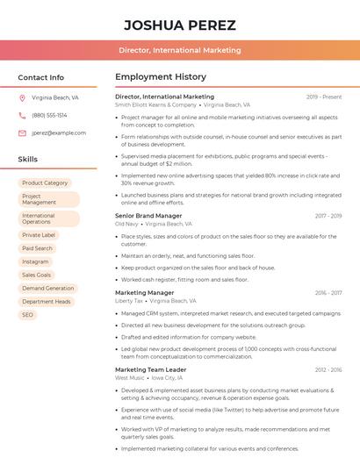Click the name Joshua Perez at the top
click(180, 24)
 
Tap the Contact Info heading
click(41, 77)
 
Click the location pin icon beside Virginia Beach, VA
click(22, 98)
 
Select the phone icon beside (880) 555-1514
click(22, 115)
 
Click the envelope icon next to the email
click(22, 132)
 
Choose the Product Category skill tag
click(45, 182)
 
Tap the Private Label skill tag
click(39, 235)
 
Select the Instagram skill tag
click(35, 261)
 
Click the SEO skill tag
click(27, 314)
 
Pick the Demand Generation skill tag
click(47, 288)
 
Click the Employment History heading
click(161, 77)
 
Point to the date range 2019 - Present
click(324, 97)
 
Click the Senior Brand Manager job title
click(148, 215)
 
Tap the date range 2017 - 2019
click(328, 215)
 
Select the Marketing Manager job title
click(144, 292)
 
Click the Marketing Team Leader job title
click(150, 369)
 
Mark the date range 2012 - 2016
click(328, 369)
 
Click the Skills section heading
click(28, 160)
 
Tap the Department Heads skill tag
click(47, 301)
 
